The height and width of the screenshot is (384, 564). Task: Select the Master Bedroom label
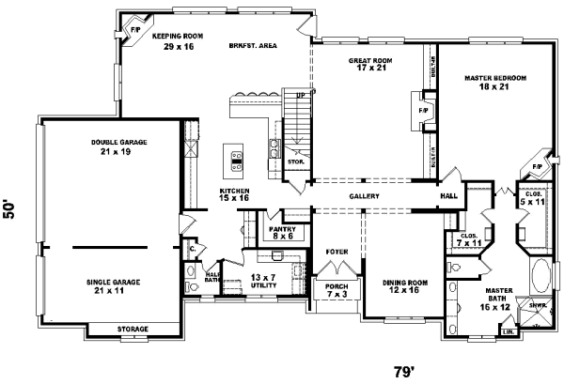pos(495,84)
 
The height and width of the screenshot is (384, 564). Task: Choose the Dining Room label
pos(404,286)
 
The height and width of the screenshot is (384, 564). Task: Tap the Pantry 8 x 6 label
pos(282,233)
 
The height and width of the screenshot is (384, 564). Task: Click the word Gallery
pos(364,196)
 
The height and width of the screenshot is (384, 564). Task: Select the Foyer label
pos(337,252)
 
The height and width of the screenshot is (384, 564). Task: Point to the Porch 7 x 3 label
pos(336,291)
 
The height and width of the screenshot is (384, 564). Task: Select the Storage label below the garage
pos(132,330)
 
